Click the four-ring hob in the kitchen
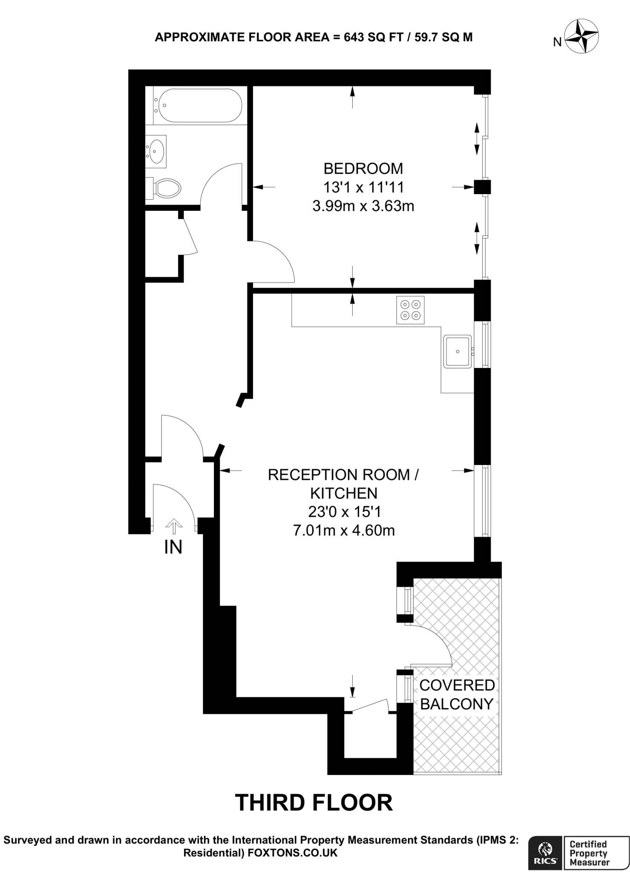click(410, 310)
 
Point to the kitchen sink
click(457, 351)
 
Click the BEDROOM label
click(363, 169)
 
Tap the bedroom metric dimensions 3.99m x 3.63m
click(363, 206)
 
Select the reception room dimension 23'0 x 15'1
click(344, 511)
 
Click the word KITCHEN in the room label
click(344, 493)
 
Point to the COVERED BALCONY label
click(457, 694)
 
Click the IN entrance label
click(173, 548)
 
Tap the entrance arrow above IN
click(173, 526)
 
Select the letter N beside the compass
click(557, 42)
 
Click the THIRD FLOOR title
click(314, 803)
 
